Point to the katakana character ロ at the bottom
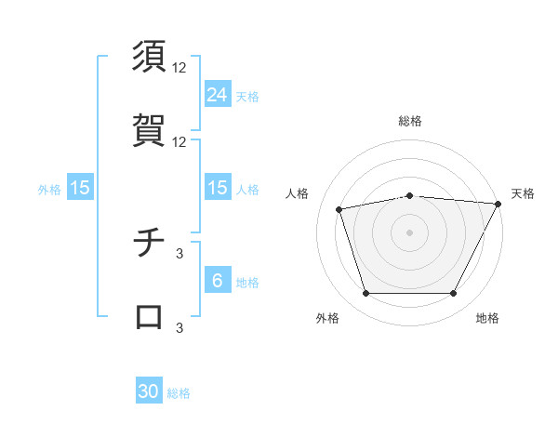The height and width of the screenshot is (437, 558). point(150,316)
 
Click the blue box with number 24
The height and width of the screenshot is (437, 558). point(218,94)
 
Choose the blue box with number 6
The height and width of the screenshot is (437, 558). point(218,281)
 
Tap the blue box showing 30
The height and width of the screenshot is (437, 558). point(149,391)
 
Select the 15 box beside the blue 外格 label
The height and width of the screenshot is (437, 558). point(80,188)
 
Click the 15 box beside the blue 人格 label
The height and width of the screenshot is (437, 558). point(218,188)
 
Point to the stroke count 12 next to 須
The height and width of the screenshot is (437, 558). point(179,68)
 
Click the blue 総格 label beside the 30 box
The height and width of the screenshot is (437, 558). point(179,393)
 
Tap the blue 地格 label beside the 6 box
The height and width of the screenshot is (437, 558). point(247,283)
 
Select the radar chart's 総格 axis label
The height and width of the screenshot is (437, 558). point(409,121)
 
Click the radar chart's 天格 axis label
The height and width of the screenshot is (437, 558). point(523,193)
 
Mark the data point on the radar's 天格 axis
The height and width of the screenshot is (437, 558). point(498,204)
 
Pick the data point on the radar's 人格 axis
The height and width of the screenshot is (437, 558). point(339,209)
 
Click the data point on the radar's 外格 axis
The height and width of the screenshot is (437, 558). point(365,294)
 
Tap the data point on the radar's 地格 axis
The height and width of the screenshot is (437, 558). point(453,294)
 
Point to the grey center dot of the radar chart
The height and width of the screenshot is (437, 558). point(409,232)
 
